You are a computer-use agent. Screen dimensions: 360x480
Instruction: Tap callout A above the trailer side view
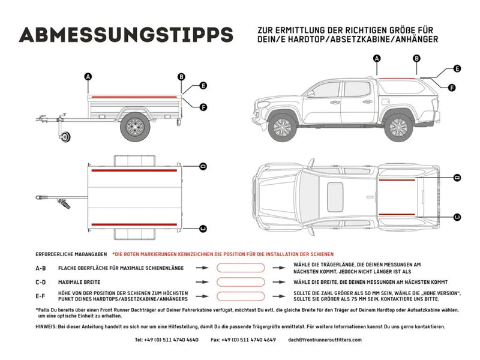[x=88, y=76]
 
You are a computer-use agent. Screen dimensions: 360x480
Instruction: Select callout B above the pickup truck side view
[x=416, y=58]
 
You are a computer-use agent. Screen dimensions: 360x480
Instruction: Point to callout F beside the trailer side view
[x=203, y=107]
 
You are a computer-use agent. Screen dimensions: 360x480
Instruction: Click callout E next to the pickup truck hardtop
[x=457, y=69]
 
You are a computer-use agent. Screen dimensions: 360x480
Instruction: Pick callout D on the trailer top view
[x=203, y=166]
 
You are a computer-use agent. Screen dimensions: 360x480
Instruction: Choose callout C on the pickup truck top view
[x=457, y=217]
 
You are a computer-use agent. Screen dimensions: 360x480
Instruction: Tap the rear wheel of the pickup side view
[x=397, y=126]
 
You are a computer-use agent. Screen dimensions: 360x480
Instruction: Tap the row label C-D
[x=41, y=281]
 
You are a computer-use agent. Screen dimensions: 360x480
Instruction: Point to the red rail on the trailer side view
[x=135, y=96]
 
